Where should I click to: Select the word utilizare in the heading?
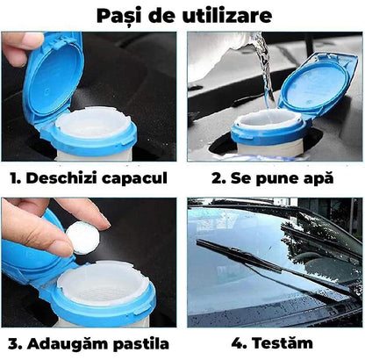pos(230,16)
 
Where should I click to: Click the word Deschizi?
pos(66,178)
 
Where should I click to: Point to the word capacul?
pos(137,178)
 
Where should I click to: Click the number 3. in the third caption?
pos(14,343)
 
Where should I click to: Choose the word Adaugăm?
pos(68,344)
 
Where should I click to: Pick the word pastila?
pos(140,344)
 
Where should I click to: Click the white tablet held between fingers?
pos(84,238)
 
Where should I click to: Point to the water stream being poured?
pos(257,70)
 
